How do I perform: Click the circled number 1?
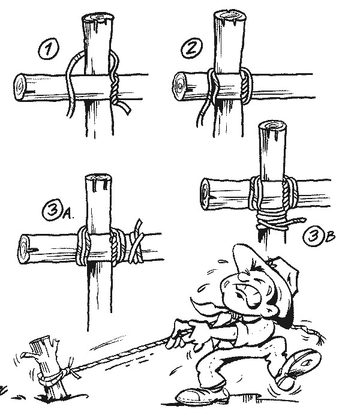[x=49, y=49]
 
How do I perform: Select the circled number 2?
[x=191, y=48]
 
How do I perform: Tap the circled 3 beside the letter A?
[x=53, y=210]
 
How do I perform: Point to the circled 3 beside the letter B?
[x=314, y=236]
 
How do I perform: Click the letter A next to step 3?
[x=68, y=215]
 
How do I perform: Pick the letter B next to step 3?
[x=330, y=236]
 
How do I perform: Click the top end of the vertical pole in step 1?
[x=98, y=18]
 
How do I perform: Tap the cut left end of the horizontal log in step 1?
[x=20, y=88]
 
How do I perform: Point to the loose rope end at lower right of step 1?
[x=125, y=109]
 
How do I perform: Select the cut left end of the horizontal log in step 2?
[x=179, y=85]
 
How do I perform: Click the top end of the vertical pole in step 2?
[x=230, y=17]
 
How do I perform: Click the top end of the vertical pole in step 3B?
[x=273, y=127]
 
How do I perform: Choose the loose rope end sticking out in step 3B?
[x=296, y=221]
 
